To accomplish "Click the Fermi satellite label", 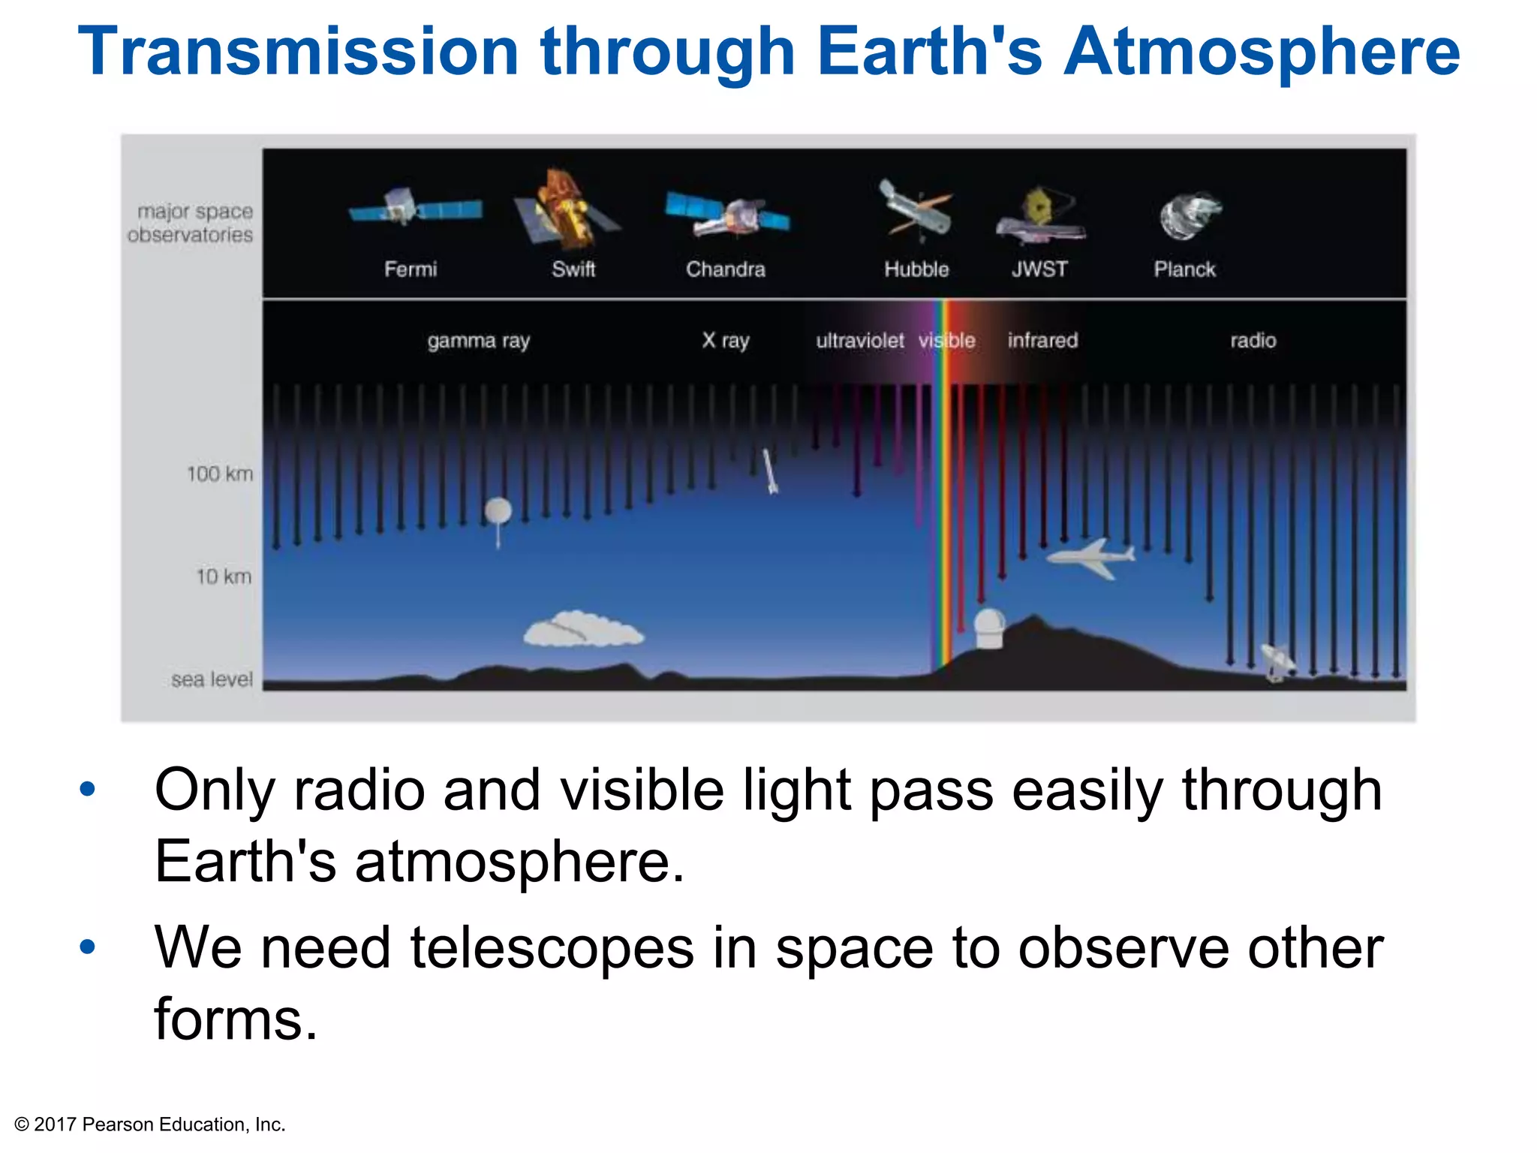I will [410, 269].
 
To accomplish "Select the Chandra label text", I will [725, 269].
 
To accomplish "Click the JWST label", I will [1039, 269].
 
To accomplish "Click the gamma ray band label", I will [478, 341].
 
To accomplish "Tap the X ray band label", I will [725, 341].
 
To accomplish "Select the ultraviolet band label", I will [859, 341].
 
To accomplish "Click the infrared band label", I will [1042, 341].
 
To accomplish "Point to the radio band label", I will [1253, 341].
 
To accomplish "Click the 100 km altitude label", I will [219, 474].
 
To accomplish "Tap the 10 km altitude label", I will [224, 576].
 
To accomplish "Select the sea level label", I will [212, 679].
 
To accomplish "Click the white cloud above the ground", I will [582, 631].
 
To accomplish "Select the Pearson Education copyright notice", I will [150, 1124].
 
